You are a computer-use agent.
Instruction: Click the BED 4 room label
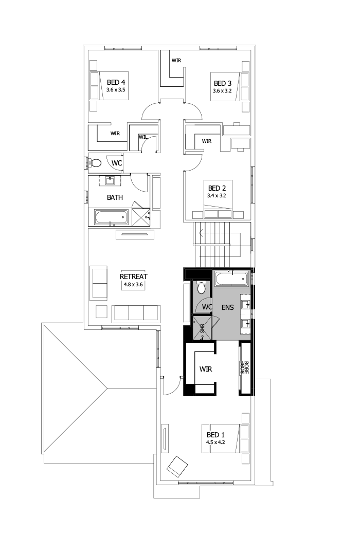pyautogui.click(x=116, y=82)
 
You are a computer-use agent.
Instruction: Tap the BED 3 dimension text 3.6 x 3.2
pyautogui.click(x=223, y=90)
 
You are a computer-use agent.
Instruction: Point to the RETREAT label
pyautogui.click(x=134, y=276)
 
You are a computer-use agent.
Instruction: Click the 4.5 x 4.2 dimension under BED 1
pyautogui.click(x=217, y=441)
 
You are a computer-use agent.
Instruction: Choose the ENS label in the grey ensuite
pyautogui.click(x=227, y=307)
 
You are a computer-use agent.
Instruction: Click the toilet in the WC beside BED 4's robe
pyautogui.click(x=96, y=163)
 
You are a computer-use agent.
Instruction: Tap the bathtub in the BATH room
pyautogui.click(x=111, y=217)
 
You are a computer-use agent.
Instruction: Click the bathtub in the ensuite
pyautogui.click(x=230, y=280)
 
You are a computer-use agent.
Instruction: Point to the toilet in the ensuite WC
pyautogui.click(x=201, y=289)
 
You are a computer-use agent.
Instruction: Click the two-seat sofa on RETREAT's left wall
pyautogui.click(x=98, y=283)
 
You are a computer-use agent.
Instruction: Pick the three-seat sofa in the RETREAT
pyautogui.click(x=135, y=312)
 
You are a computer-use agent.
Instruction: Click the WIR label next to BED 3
pyautogui.click(x=176, y=61)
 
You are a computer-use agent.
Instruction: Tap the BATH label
pyautogui.click(x=115, y=197)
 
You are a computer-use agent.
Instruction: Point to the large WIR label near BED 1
pyautogui.click(x=206, y=369)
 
